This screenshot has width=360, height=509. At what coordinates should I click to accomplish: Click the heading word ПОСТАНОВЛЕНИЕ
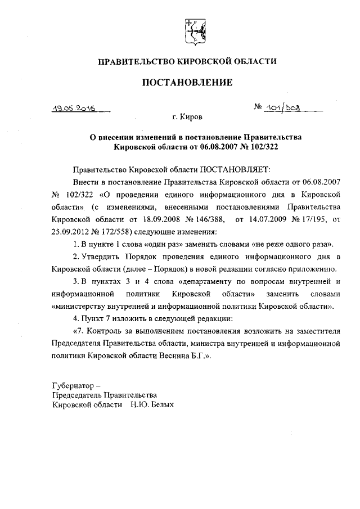click(187, 83)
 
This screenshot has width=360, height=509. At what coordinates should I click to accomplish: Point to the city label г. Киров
click(187, 118)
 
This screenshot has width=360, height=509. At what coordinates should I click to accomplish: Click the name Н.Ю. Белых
click(151, 404)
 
